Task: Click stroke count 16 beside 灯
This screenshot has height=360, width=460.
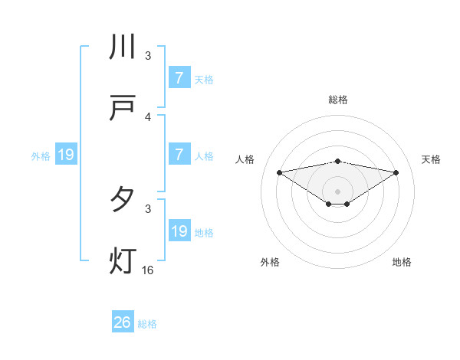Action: point(147,270)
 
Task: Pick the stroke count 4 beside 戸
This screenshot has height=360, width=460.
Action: point(148,116)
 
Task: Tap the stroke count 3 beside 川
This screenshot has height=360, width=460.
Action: point(148,56)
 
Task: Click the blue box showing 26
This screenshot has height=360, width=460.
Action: point(123,322)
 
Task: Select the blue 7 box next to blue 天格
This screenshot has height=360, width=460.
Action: point(179,77)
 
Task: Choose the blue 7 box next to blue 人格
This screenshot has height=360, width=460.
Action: point(179,154)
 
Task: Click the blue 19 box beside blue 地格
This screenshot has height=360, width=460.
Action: point(179,231)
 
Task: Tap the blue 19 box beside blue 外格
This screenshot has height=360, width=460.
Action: point(66,155)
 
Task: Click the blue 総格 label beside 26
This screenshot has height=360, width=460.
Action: point(148,324)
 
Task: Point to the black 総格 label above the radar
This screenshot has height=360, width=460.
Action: point(338,100)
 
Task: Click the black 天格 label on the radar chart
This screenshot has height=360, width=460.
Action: point(432,159)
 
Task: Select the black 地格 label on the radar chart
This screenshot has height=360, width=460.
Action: point(402,262)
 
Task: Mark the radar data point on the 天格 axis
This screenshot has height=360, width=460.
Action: point(396,172)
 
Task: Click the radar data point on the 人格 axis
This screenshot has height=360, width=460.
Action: point(279,172)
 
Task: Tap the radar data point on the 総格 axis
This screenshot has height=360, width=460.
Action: point(338,161)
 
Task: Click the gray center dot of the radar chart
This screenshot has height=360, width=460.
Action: point(338,191)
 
